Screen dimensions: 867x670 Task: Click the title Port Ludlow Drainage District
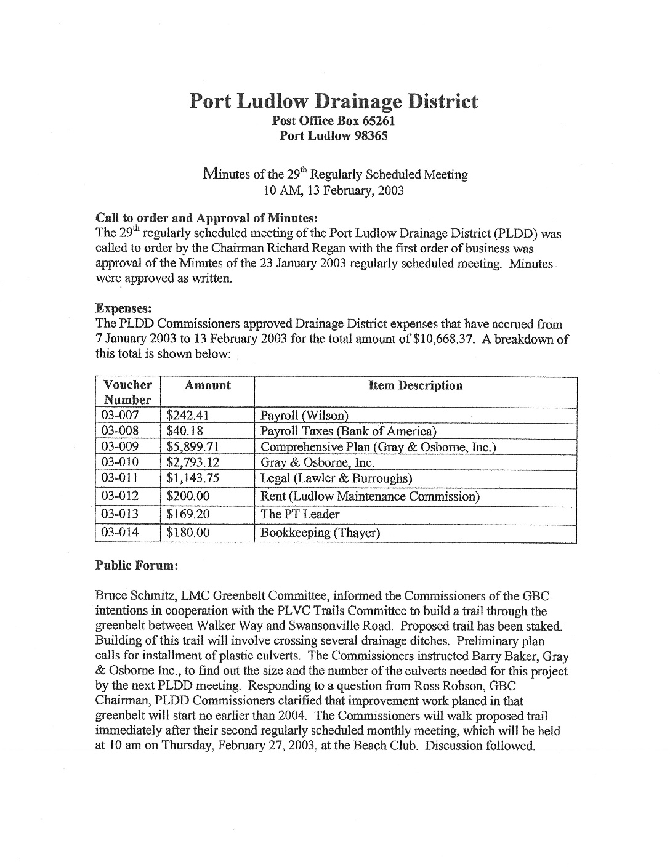coord(333,101)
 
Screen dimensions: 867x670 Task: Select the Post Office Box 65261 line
coord(333,122)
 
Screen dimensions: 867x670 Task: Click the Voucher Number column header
coord(127,392)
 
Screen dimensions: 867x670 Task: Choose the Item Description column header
coord(415,385)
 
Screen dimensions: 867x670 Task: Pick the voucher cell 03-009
coord(120,446)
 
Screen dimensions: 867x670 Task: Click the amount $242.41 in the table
coord(188,415)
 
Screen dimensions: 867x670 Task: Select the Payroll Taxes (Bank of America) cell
coord(349,430)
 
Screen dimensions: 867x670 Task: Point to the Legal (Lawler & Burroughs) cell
coord(328,478)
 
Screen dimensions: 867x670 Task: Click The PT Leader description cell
coord(300,514)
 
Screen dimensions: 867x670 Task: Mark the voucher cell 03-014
coord(120,532)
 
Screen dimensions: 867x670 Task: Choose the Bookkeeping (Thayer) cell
coord(320,533)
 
